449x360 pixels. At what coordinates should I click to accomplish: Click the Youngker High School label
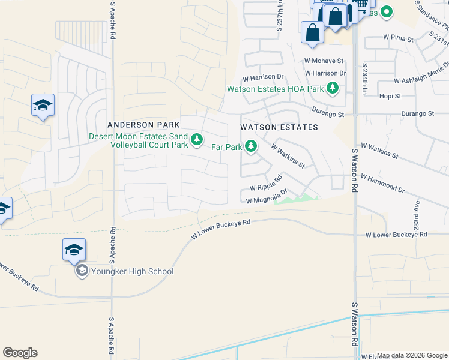click(133, 271)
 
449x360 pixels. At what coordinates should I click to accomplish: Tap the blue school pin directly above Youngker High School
click(74, 249)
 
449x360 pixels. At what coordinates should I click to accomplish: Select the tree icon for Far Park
click(251, 146)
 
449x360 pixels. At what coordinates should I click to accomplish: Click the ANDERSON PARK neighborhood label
click(143, 125)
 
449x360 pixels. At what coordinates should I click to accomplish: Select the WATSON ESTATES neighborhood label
click(279, 127)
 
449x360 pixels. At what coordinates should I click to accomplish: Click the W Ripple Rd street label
click(267, 183)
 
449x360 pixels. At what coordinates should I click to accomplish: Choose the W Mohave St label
click(324, 61)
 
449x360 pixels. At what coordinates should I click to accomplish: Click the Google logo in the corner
click(20, 353)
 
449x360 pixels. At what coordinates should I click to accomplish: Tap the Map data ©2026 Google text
click(412, 355)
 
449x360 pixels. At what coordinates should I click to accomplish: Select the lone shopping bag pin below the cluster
click(313, 32)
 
